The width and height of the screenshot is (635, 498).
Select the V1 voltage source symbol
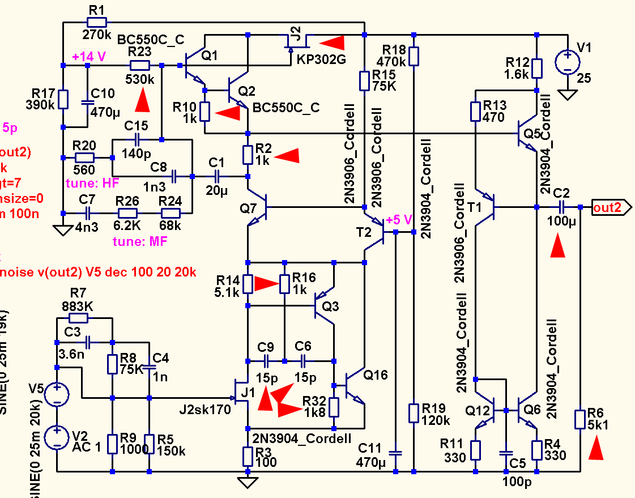[x=567, y=62]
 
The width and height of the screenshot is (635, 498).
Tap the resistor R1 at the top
[x=97, y=22]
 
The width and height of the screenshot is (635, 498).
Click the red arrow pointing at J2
[x=332, y=41]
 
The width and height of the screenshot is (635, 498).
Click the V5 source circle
[x=57, y=394]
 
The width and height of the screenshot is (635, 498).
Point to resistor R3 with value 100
[x=248, y=455]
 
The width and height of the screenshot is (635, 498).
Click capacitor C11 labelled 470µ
[x=396, y=453]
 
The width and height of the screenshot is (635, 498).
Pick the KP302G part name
[x=321, y=61]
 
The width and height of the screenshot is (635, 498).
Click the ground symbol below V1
[x=567, y=93]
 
